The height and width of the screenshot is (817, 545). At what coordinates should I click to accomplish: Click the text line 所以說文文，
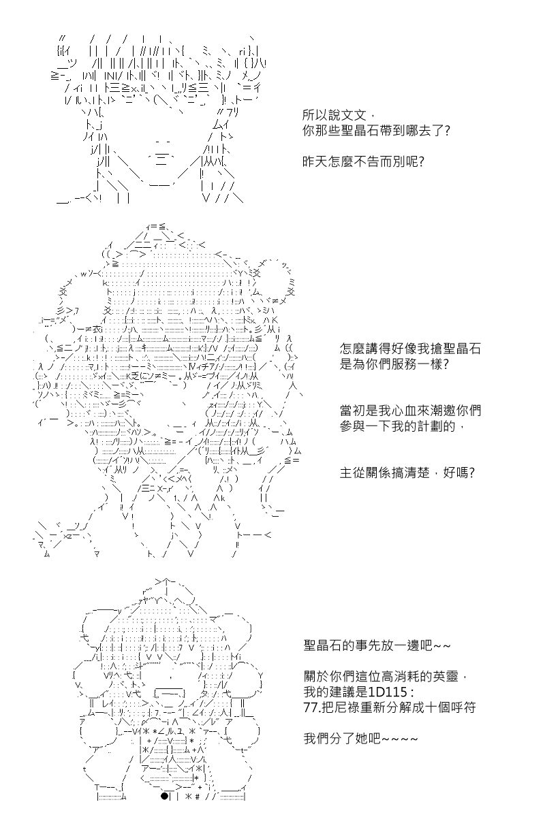tap(338, 116)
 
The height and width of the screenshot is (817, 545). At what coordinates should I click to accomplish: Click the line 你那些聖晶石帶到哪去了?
tap(376, 131)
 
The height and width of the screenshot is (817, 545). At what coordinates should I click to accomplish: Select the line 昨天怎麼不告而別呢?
tap(363, 161)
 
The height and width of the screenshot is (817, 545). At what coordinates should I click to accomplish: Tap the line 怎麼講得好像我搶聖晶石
tap(410, 349)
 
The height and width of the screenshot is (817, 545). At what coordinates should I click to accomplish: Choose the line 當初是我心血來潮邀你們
tap(410, 411)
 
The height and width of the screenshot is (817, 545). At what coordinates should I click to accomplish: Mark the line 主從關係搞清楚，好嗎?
tap(407, 472)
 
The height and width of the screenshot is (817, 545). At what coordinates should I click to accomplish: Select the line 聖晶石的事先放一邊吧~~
tap(377, 645)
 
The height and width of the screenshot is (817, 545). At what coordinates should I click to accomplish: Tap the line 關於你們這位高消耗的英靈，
tap(385, 677)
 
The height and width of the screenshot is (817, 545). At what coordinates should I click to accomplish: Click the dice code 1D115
tap(386, 692)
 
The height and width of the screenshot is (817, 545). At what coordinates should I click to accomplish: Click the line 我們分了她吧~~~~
tap(360, 739)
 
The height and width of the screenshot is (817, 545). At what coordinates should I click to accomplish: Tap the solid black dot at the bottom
tap(164, 806)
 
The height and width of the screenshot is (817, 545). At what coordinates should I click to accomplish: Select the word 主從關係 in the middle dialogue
tap(366, 472)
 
